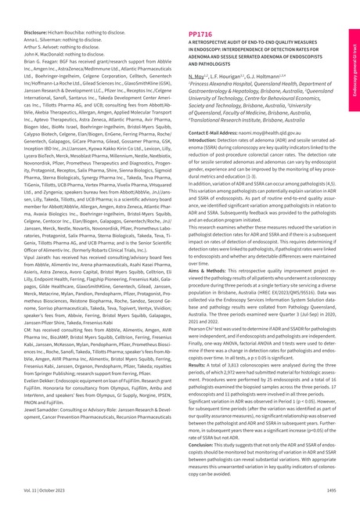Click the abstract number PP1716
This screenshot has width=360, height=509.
pos(201,35)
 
